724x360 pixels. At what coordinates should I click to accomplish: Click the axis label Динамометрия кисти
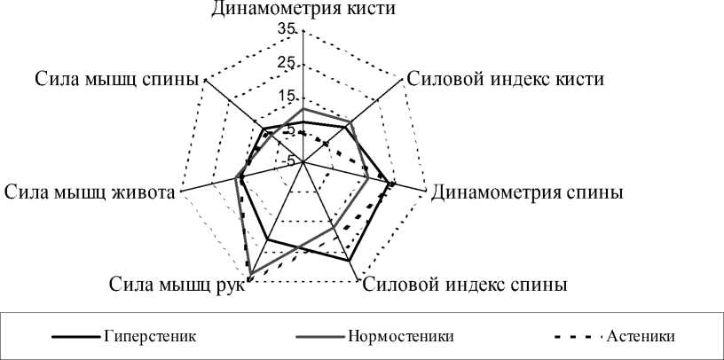point(303,10)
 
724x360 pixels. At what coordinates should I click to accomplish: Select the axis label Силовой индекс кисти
point(504,78)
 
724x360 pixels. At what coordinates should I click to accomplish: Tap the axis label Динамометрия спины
point(526,192)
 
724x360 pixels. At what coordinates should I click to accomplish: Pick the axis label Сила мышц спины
point(116,78)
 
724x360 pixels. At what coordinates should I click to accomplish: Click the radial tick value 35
point(287,29)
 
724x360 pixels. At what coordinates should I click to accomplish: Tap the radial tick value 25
point(287,63)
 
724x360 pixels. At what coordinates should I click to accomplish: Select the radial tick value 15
point(287,96)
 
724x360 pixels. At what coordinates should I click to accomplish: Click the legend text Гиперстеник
point(149,336)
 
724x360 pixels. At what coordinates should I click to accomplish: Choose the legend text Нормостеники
point(402,336)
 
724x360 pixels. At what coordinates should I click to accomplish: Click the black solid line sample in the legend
point(75,337)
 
